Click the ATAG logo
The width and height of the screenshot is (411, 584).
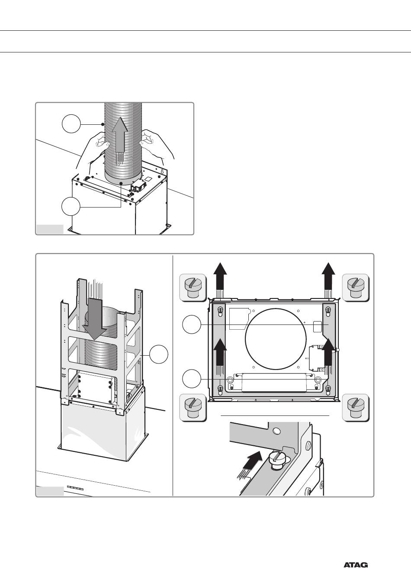click(x=356, y=565)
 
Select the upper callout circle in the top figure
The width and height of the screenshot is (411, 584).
click(x=71, y=124)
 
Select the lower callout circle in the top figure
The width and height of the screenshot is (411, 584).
click(x=71, y=207)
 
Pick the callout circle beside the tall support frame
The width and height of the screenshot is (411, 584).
click(x=159, y=355)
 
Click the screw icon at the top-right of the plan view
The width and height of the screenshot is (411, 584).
click(x=356, y=287)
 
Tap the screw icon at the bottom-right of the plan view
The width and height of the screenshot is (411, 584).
click(x=356, y=408)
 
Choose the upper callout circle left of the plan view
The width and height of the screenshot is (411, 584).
click(x=191, y=324)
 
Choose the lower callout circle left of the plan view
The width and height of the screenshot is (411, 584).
click(x=191, y=379)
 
